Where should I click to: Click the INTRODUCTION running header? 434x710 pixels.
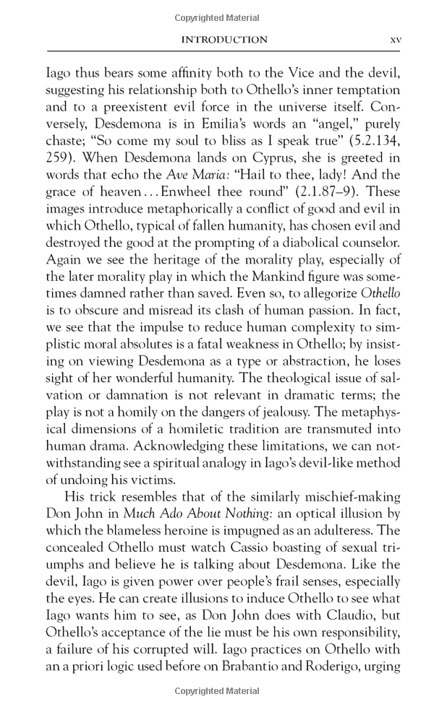point(224,40)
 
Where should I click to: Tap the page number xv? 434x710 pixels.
point(395,40)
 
